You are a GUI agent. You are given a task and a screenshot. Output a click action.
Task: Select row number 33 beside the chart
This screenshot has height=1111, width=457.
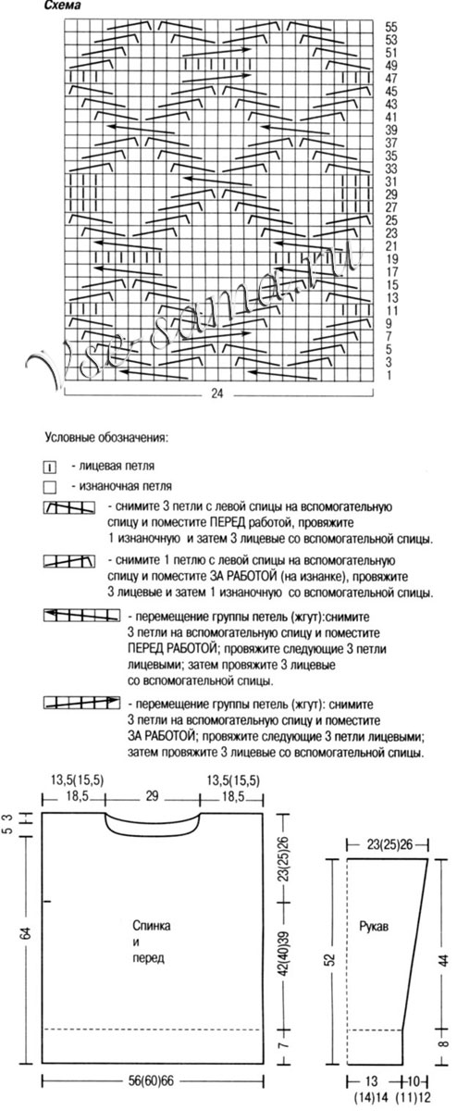390,169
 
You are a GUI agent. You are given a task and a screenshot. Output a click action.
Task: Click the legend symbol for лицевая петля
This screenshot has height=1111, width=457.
51,466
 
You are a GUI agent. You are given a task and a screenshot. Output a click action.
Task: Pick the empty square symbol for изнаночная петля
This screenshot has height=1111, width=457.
51,485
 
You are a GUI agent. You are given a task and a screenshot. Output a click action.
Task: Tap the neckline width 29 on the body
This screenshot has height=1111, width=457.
153,796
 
